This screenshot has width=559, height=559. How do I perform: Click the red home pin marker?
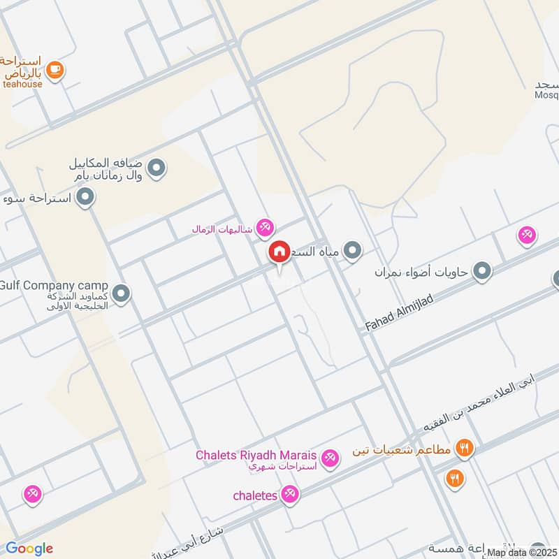[279, 252]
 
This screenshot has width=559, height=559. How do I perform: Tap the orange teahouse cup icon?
[55, 69]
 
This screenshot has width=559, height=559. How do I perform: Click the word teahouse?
[22, 84]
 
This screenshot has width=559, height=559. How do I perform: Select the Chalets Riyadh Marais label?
[256, 455]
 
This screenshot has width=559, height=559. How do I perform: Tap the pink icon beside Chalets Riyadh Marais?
[331, 458]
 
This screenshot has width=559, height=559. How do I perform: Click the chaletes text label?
[256, 495]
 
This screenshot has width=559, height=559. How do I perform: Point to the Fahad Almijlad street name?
[400, 312]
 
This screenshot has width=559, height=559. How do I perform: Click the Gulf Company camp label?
[54, 286]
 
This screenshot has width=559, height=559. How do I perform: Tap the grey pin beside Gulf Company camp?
[122, 293]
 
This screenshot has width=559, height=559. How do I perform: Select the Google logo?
[29, 549]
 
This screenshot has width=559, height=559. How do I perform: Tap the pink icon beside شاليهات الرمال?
[265, 227]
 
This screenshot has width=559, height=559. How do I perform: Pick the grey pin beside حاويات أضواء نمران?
[481, 271]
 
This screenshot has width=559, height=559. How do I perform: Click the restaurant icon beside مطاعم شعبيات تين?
[464, 448]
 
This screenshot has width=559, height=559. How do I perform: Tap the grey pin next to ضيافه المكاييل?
[157, 168]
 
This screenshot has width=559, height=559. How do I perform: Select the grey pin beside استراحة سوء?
[85, 198]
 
